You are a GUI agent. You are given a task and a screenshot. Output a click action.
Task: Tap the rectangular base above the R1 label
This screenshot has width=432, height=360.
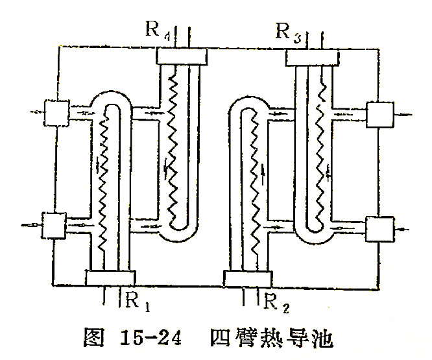pyautogui.click(x=110, y=277)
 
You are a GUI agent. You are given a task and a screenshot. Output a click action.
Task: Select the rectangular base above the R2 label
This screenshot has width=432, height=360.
pyautogui.click(x=246, y=278)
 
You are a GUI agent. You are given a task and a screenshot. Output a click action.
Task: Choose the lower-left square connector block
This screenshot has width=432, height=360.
pyautogui.click(x=53, y=225)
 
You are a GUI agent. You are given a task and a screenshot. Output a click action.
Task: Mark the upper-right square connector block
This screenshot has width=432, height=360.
pyautogui.click(x=379, y=115)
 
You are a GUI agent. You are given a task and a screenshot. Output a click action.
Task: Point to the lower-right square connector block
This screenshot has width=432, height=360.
pyautogui.click(x=379, y=228)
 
